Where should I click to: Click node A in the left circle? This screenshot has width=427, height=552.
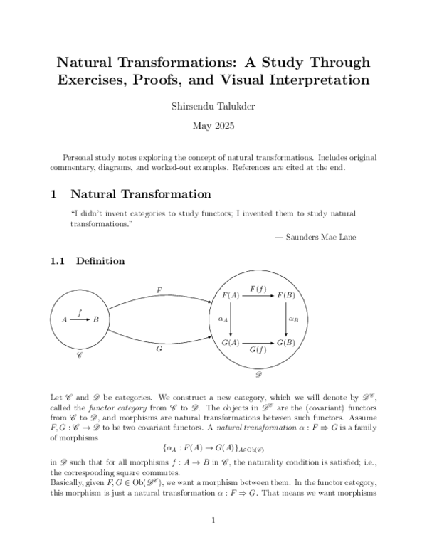64,320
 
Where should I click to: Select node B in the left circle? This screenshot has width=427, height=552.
96,320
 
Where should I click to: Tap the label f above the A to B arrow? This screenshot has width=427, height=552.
80,312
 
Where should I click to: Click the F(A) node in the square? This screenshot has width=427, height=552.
230,295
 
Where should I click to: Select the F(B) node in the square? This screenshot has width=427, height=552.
285,295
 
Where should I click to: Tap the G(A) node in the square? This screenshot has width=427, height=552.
230,342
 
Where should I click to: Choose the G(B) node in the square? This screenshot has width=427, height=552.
285,342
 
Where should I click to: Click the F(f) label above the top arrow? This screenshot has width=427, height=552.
258,287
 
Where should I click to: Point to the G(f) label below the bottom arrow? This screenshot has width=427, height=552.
258,351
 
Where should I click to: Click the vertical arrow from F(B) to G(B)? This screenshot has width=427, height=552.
286,319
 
